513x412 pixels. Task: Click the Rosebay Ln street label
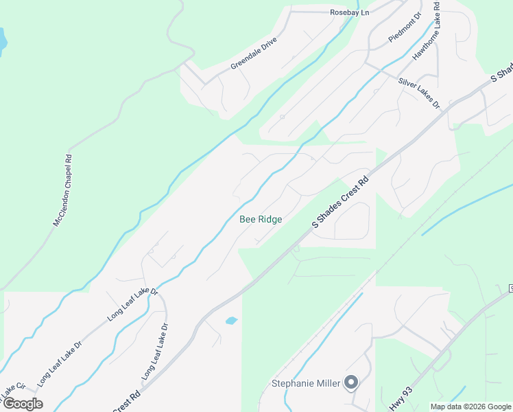click(x=349, y=12)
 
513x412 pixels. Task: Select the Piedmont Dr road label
click(x=405, y=28)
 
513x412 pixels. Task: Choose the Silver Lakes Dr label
click(x=419, y=93)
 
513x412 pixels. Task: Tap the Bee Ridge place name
click(x=261, y=219)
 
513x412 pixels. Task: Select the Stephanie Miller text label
click(x=306, y=383)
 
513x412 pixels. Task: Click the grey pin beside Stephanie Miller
click(x=352, y=382)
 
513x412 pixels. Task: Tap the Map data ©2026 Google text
click(x=470, y=407)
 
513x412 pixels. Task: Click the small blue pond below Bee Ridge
click(x=231, y=320)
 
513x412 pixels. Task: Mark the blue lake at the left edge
click(x=2, y=41)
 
